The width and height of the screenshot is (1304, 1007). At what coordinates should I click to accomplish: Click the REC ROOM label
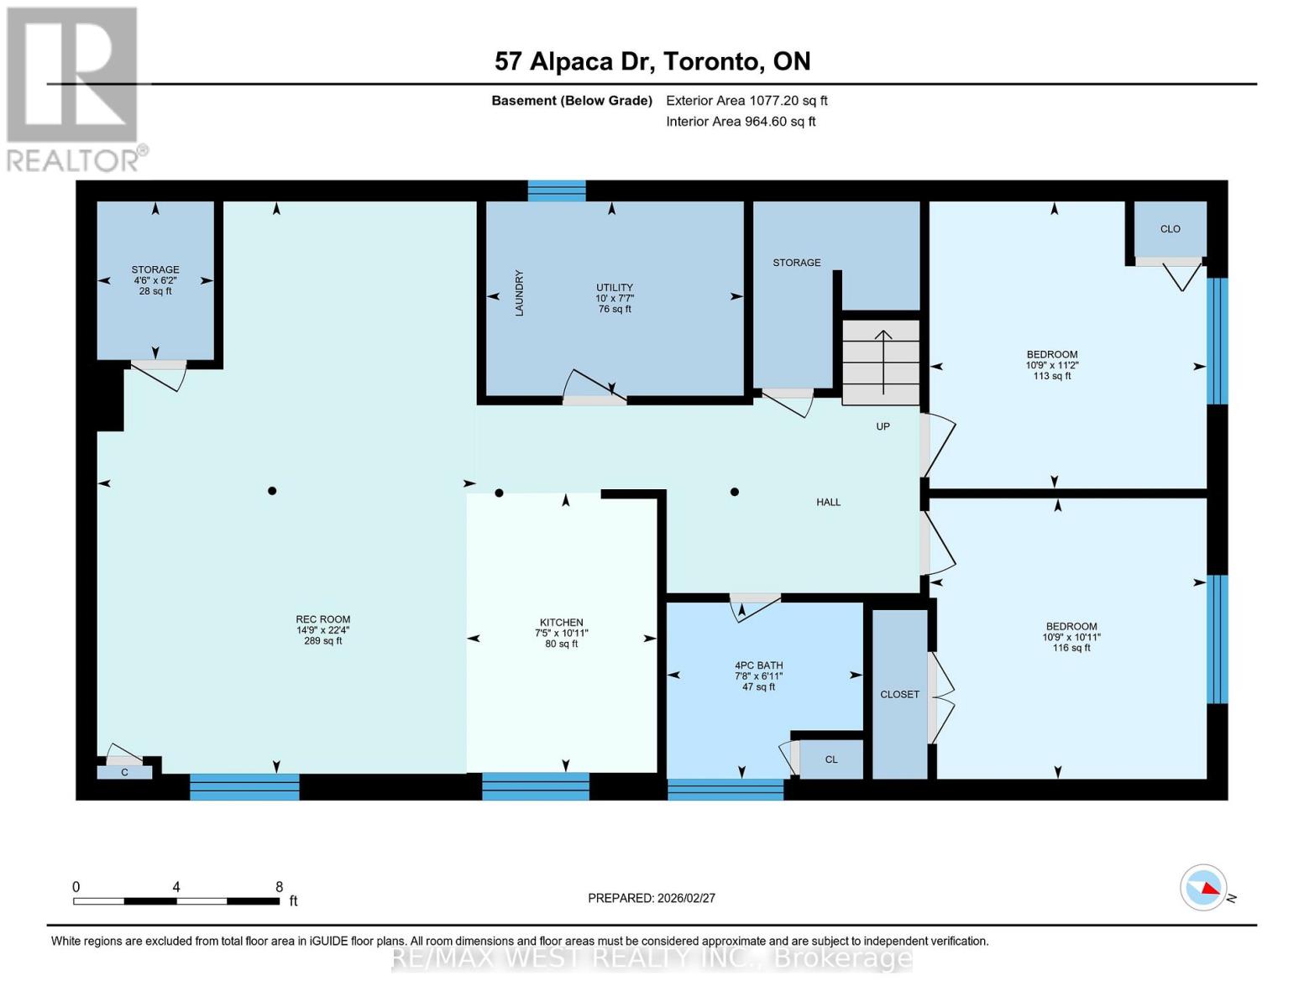[322, 619]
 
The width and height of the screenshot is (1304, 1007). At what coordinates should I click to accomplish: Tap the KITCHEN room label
[561, 623]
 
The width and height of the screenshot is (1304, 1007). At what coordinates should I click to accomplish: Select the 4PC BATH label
[758, 665]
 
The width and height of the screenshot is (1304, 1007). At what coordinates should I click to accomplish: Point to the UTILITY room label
[615, 287]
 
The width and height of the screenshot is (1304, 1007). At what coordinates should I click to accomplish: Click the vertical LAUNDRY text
[520, 293]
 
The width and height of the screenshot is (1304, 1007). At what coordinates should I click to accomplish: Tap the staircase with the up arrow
[881, 363]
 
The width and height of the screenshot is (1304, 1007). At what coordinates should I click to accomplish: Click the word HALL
[828, 502]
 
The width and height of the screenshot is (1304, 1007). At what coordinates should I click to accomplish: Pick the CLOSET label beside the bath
[899, 695]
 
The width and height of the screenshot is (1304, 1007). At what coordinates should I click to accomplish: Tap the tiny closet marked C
[125, 773]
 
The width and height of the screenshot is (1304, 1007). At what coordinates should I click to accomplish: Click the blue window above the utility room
[557, 190]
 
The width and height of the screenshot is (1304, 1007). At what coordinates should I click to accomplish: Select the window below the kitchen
[535, 786]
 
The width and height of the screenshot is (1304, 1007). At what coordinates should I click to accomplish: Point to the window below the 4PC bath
[725, 790]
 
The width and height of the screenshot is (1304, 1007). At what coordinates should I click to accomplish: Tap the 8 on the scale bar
[279, 886]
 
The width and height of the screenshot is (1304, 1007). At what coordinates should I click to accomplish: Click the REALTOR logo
[75, 90]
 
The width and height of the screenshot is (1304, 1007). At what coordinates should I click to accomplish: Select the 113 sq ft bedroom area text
[1052, 376]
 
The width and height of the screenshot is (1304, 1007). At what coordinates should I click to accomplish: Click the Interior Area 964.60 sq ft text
[741, 121]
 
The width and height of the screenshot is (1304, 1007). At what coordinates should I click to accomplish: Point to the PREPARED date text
[652, 898]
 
